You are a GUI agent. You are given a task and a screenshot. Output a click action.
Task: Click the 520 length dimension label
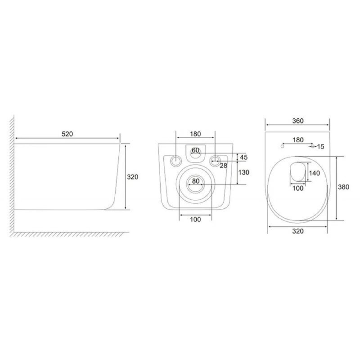(67, 134)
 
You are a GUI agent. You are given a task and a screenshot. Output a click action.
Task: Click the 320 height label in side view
(132, 177)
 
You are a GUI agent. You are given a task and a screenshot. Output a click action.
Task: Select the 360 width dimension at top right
(298, 121)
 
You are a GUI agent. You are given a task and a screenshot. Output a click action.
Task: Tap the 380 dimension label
(343, 187)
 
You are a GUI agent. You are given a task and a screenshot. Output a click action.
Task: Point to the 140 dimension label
(314, 173)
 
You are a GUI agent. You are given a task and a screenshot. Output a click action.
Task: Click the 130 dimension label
(243, 172)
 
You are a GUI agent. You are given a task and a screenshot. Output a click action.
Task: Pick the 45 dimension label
(243, 157)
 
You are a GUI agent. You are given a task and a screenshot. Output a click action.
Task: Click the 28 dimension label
(223, 166)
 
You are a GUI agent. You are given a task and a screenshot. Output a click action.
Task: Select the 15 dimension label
(320, 147)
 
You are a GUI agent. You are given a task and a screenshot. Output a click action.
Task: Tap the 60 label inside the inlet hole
(195, 150)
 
